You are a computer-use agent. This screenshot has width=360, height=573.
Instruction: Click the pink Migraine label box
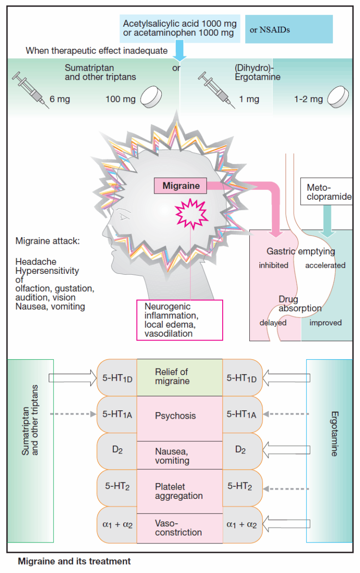click(180, 186)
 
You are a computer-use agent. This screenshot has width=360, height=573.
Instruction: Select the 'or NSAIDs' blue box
click(289, 30)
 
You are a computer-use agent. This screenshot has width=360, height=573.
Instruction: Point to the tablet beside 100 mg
click(156, 96)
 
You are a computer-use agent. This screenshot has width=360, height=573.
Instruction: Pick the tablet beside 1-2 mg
click(338, 98)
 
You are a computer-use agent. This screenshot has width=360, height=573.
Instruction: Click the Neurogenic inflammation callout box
click(180, 320)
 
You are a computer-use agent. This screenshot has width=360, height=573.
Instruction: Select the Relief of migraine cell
click(179, 377)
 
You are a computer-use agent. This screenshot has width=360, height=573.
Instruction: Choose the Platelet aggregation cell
click(179, 491)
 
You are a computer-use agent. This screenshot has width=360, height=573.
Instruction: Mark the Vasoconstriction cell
click(179, 528)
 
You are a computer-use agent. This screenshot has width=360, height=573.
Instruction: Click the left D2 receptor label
click(117, 451)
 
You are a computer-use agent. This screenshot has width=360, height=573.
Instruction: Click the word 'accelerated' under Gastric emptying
click(325, 265)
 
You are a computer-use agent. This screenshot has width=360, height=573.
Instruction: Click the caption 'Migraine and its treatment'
click(74, 561)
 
